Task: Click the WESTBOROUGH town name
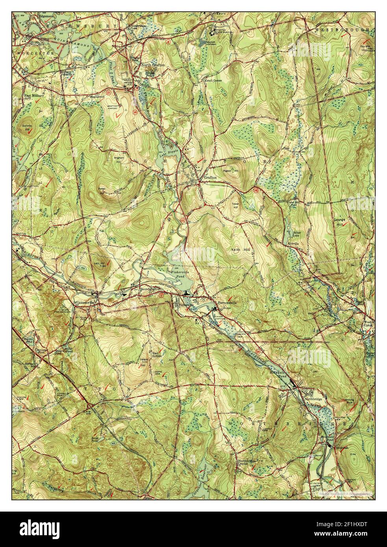pyautogui.click(x=342, y=30)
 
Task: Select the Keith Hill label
pyautogui.click(x=243, y=250)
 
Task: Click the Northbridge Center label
pyautogui.click(x=247, y=462)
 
